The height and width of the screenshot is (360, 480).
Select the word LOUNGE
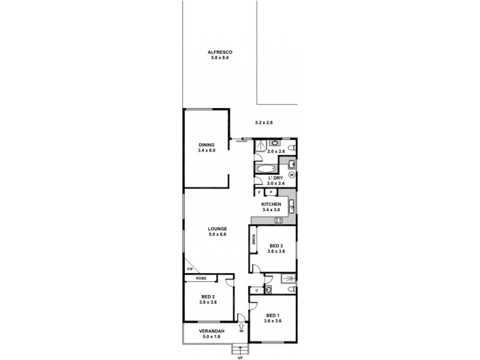coord(217,229)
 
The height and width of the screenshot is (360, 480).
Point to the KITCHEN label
coord(271,204)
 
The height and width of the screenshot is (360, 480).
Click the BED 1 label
coord(273,316)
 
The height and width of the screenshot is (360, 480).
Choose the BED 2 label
coord(208,297)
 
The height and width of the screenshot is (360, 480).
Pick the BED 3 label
coord(276,246)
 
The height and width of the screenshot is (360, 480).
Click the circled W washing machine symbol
coord(292,175)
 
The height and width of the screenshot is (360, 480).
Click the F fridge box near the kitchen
coord(260,192)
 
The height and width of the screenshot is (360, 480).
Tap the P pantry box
coord(271,192)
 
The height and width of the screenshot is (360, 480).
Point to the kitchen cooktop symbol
coord(278,221)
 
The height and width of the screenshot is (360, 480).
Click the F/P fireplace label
coord(190,269)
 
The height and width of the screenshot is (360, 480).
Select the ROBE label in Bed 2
coord(201,278)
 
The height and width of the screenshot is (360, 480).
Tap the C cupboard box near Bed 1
coord(257,290)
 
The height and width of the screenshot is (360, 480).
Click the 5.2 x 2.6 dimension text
coord(264,123)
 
